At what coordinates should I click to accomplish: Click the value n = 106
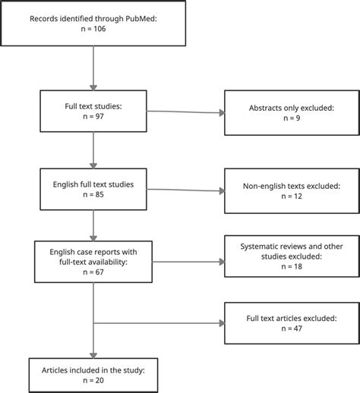click(93, 29)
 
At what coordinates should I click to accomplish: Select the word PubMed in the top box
click(144, 18)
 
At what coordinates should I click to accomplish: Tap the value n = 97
click(93, 116)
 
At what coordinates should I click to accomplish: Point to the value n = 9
click(292, 118)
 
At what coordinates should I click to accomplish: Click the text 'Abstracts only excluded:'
click(292, 108)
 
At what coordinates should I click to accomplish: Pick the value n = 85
click(93, 194)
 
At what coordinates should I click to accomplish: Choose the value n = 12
click(292, 196)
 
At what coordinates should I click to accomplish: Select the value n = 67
click(93, 272)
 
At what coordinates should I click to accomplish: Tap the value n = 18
click(292, 266)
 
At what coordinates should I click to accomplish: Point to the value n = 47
click(292, 329)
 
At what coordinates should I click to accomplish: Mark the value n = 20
click(93, 381)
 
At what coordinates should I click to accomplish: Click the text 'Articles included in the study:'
click(93, 370)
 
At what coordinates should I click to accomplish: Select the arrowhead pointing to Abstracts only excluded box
click(222, 113)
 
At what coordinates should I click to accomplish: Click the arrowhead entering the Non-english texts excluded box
click(222, 191)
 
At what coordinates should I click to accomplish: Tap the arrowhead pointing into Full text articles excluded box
click(222, 323)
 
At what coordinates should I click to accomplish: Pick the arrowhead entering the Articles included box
click(93, 356)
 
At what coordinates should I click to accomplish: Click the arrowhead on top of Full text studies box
click(93, 87)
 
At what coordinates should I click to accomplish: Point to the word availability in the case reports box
click(109, 262)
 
